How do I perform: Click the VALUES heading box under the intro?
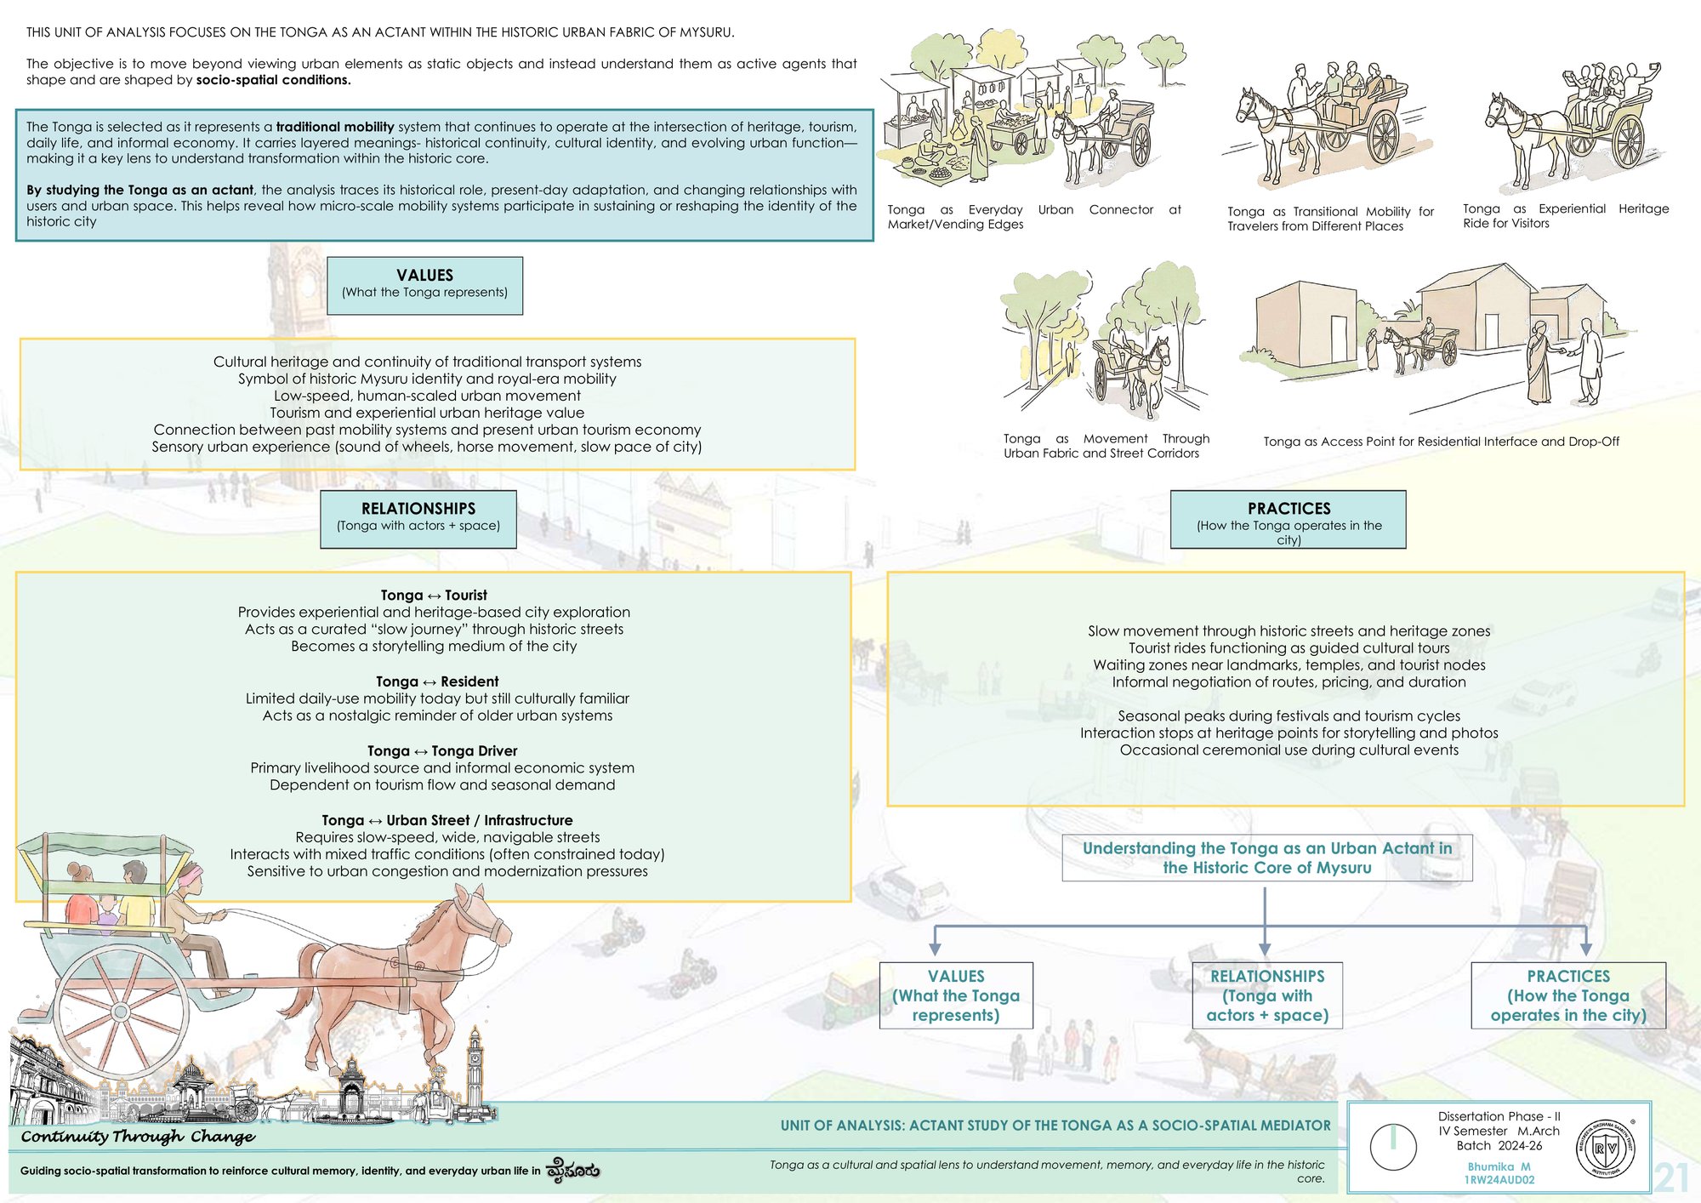[x=424, y=286]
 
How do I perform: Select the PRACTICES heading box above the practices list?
[x=1288, y=519]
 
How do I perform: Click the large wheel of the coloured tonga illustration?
[x=121, y=1012]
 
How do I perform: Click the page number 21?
[x=1671, y=1177]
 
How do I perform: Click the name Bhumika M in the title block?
[x=1499, y=1166]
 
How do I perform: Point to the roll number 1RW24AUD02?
[x=1499, y=1180]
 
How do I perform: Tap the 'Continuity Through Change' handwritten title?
[x=138, y=1137]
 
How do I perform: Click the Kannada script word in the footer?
[x=572, y=1170]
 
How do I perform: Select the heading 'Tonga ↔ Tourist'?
[x=434, y=596]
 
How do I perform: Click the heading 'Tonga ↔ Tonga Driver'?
[x=442, y=751]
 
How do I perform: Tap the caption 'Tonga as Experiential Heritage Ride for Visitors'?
[x=1566, y=216]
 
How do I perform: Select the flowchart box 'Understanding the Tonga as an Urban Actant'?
[x=1267, y=858]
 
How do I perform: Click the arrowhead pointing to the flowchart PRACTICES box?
[x=1586, y=949]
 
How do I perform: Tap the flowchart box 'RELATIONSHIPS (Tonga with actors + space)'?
[x=1267, y=995]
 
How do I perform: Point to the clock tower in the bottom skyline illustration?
[x=474, y=1068]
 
